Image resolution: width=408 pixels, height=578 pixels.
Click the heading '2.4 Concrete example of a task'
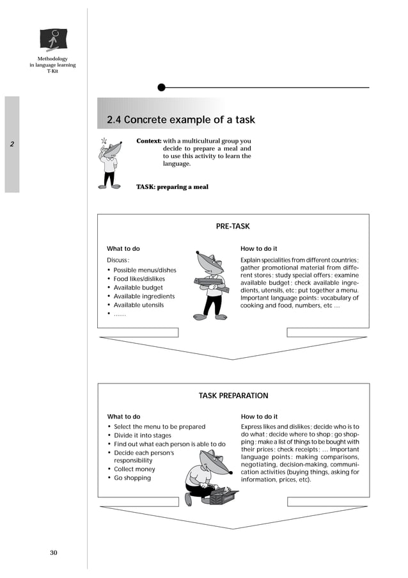point(180,120)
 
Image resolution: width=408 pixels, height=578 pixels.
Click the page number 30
point(54,552)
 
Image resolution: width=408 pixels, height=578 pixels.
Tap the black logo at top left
point(53,40)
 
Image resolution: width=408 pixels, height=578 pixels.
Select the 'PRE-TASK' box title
point(233,226)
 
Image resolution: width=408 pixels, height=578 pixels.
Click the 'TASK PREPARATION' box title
point(233,396)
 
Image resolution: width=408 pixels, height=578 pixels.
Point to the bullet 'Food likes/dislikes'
point(139,279)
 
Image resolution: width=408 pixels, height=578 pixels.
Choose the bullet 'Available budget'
point(138,288)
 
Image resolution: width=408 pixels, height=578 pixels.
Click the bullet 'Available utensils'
point(138,305)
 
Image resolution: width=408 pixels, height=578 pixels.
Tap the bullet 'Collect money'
point(134,469)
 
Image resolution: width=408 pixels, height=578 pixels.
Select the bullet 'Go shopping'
point(132,478)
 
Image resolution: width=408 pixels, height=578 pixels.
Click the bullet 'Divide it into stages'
point(143,435)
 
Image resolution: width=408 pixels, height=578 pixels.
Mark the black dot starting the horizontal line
point(161,87)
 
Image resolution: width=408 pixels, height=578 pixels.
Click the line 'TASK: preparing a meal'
point(172,187)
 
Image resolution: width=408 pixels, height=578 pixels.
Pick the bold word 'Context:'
point(148,141)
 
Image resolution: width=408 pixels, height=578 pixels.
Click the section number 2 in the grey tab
point(12,144)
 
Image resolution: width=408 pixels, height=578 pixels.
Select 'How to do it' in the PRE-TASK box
point(258,248)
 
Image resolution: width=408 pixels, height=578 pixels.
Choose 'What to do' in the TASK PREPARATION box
point(123,417)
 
